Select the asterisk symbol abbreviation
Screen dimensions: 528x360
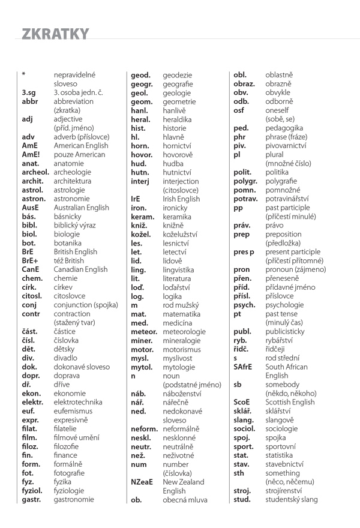point(23,75)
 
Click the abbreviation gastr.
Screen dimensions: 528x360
point(32,499)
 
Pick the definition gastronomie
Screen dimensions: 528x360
point(74,499)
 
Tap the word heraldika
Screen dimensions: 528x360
point(178,119)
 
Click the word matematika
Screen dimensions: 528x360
point(182,314)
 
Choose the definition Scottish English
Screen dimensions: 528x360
point(290,402)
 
